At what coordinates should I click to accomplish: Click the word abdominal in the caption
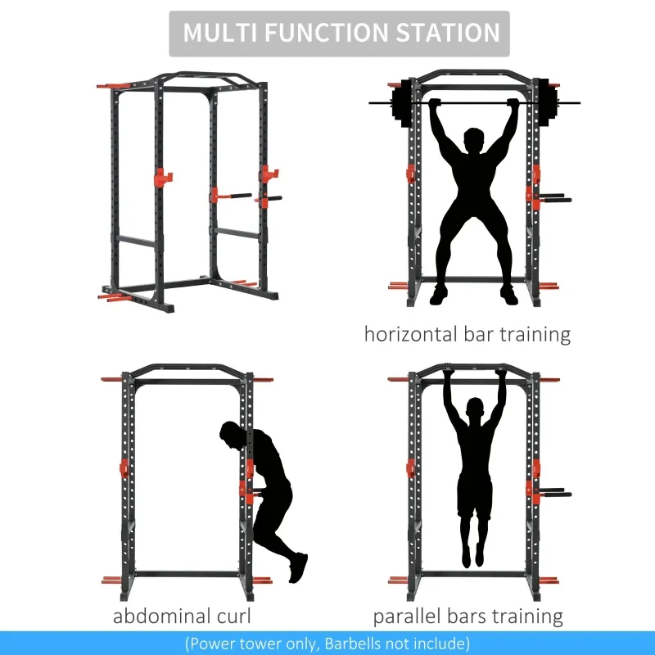click(x=159, y=617)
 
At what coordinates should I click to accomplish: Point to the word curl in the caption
click(x=232, y=617)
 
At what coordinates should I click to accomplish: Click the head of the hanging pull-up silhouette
click(x=474, y=409)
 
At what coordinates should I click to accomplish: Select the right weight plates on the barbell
click(x=544, y=103)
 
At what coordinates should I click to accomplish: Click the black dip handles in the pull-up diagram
click(x=554, y=494)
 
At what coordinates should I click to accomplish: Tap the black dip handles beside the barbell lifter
click(x=554, y=197)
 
